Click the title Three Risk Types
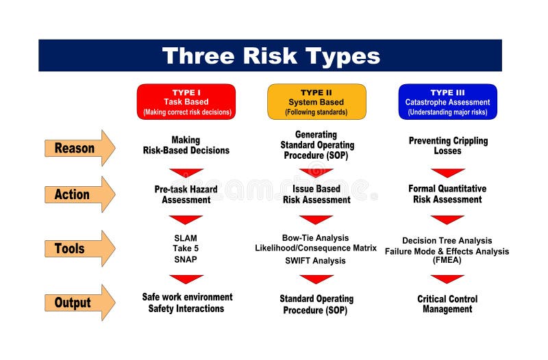click(x=270, y=55)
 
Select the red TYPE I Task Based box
click(x=186, y=102)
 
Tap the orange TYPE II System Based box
click(x=316, y=102)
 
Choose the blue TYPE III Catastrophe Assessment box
click(x=447, y=102)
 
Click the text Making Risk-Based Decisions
click(x=186, y=145)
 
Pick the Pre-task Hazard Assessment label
click(x=186, y=194)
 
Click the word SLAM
click(x=186, y=238)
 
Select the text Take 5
click(x=186, y=248)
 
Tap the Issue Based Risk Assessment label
click(x=316, y=194)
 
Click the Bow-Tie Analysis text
click(x=316, y=237)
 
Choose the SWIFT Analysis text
click(x=316, y=261)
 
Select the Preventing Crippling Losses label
click(x=448, y=145)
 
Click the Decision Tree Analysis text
click(x=447, y=241)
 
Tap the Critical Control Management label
click(x=447, y=304)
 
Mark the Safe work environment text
click(x=187, y=297)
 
